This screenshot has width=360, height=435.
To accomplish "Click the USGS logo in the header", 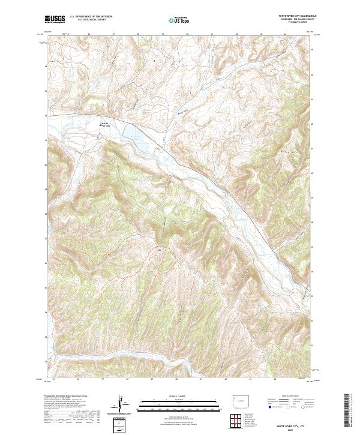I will click(x=55, y=19).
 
